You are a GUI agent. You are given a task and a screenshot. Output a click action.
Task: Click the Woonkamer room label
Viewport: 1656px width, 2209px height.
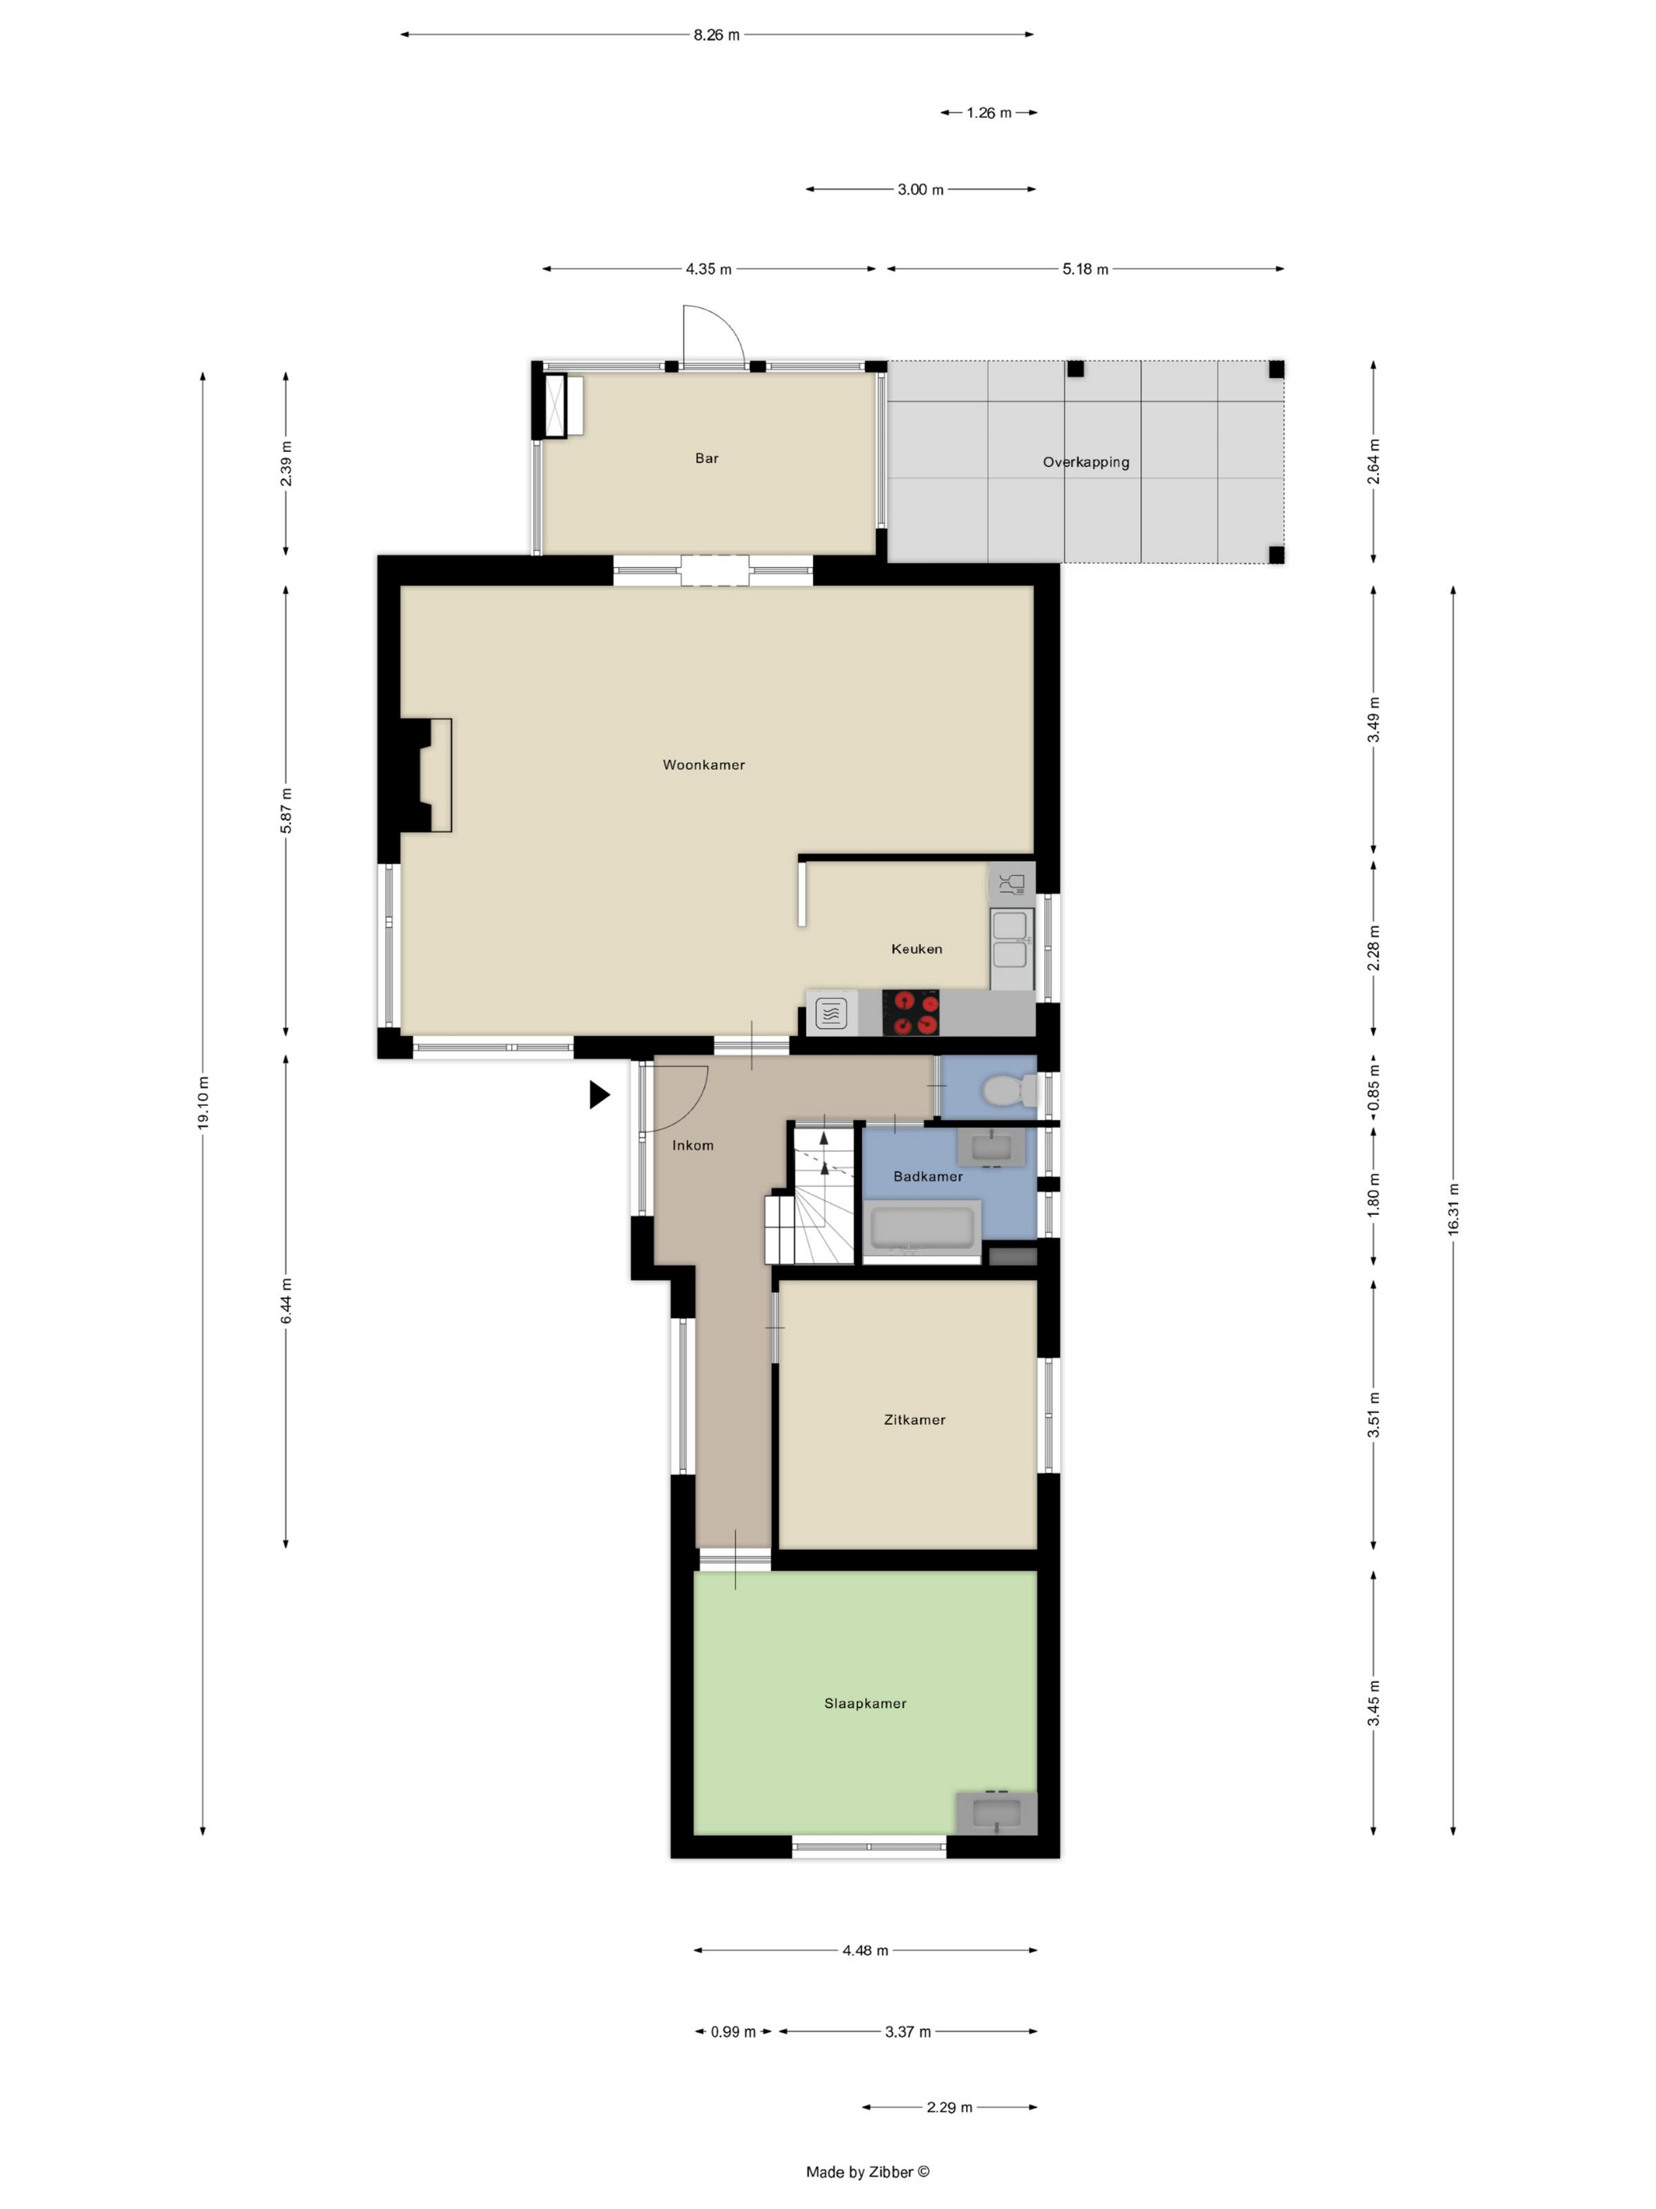[x=703, y=765]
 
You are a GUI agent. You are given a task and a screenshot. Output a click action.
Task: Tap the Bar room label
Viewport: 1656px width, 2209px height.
[x=707, y=458]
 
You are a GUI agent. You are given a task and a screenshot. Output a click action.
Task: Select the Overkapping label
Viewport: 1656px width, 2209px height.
[x=1086, y=462]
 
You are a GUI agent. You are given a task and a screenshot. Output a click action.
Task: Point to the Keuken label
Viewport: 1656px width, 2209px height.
[x=916, y=949]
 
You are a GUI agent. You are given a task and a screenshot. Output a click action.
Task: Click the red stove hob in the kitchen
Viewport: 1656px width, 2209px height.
[x=910, y=1013]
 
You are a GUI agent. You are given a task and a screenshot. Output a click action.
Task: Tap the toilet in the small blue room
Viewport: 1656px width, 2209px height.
[x=1009, y=1090]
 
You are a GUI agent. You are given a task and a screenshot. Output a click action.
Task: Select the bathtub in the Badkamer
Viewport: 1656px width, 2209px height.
[x=923, y=1228]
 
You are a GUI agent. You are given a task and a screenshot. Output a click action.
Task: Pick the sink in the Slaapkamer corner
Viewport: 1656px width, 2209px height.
[x=996, y=1812]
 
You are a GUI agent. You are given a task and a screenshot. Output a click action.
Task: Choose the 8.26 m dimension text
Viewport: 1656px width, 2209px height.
[x=717, y=35]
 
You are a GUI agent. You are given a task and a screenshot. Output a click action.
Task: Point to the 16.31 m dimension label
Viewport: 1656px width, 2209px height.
[x=1453, y=1209]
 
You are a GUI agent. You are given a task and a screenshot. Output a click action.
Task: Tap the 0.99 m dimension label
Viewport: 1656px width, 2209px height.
[x=733, y=2031]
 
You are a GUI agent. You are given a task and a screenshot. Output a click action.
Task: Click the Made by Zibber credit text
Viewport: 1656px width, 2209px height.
[x=867, y=2171]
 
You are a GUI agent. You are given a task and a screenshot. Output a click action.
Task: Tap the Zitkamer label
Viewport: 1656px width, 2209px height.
[x=914, y=1419]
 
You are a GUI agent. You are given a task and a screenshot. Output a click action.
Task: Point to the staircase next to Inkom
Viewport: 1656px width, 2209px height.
[x=811, y=1194]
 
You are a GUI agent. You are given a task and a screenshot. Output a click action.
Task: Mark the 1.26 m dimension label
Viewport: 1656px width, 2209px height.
[x=989, y=113]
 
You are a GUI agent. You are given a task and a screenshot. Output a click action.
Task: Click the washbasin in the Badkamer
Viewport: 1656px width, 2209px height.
[x=991, y=1147]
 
